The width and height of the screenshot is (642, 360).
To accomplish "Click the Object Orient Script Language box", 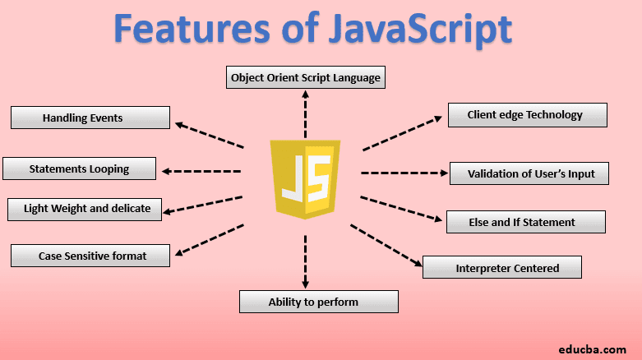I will pos(305,78).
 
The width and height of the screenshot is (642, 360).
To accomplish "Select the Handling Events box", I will pos(90,118).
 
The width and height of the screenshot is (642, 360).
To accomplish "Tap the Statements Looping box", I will pos(79,168).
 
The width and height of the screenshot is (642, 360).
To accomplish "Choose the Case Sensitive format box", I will pos(90,256).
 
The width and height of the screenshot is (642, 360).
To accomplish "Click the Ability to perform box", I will pos(318,302).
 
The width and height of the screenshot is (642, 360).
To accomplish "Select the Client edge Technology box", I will pos(527,115).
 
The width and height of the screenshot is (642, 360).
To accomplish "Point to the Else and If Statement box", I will pos(526,221).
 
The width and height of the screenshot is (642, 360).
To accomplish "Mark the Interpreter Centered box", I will pos(501,267).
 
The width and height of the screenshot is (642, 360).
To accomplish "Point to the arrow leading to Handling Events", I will pos(209,136).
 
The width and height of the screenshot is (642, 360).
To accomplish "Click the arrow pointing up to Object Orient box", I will pos(305,115).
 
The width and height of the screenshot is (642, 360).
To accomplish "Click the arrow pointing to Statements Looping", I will pos(201,171).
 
